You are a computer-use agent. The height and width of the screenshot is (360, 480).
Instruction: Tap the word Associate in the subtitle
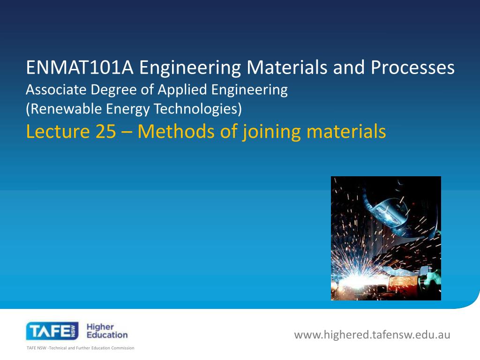tap(55, 90)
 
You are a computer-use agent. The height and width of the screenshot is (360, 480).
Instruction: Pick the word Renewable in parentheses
tap(57, 109)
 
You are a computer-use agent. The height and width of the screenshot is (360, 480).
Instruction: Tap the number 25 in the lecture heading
tap(105, 132)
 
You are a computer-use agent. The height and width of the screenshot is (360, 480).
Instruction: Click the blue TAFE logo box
tap(52, 331)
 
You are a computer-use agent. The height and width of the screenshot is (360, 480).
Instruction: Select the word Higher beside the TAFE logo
tap(100, 327)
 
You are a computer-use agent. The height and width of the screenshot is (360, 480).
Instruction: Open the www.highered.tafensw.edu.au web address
tap(372, 335)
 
